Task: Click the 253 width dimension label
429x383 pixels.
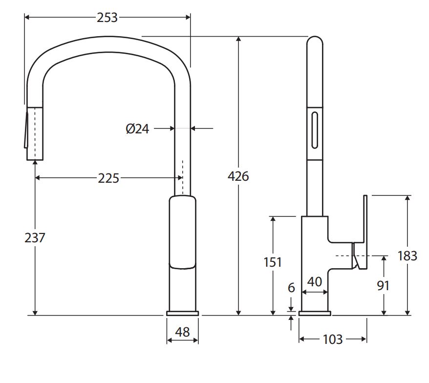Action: pyautogui.click(x=107, y=18)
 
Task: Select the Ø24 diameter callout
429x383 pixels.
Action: pyautogui.click(x=137, y=129)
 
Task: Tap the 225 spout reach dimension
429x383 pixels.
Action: pyautogui.click(x=108, y=178)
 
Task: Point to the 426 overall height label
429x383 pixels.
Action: pyautogui.click(x=238, y=176)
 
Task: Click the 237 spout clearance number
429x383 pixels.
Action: pyautogui.click(x=35, y=238)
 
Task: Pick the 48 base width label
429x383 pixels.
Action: pyautogui.click(x=182, y=332)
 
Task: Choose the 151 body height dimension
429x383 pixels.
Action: pyautogui.click(x=273, y=262)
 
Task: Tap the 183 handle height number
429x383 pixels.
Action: pyautogui.click(x=408, y=256)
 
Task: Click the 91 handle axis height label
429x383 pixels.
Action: pyautogui.click(x=383, y=286)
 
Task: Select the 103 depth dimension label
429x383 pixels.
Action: pyautogui.click(x=333, y=340)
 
